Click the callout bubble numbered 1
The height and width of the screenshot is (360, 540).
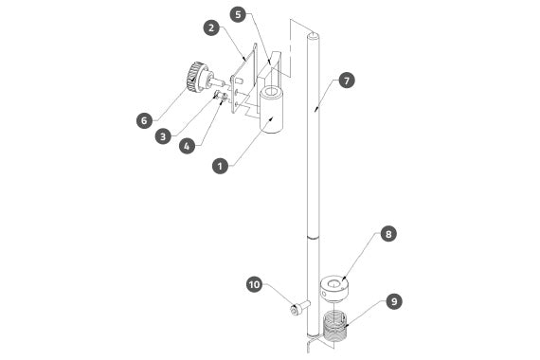(x=221, y=166)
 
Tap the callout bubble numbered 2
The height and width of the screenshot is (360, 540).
(x=211, y=27)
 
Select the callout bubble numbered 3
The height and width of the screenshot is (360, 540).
(x=163, y=136)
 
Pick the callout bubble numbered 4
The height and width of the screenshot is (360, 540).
(x=187, y=146)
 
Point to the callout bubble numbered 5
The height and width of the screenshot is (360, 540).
(x=238, y=14)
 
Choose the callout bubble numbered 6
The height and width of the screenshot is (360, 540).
(x=144, y=120)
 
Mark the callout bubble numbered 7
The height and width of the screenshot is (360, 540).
(x=347, y=81)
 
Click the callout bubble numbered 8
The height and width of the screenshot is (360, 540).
(x=388, y=234)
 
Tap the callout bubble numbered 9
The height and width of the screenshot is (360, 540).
(x=394, y=301)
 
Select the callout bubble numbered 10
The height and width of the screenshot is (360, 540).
(x=255, y=285)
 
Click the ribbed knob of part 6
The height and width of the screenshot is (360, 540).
(x=195, y=77)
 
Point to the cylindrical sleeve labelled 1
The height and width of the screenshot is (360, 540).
(x=271, y=110)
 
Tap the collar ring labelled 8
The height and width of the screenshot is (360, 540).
(x=334, y=288)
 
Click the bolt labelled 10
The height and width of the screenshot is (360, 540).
(x=300, y=307)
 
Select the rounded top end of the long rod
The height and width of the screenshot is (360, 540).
(x=313, y=35)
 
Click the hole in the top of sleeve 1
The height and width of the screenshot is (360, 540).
(x=272, y=92)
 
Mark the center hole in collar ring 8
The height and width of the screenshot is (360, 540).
(x=333, y=284)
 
